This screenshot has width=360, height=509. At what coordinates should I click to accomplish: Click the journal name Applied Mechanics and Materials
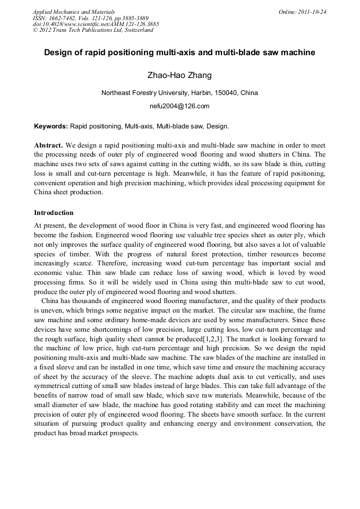pyautogui.click(x=74, y=12)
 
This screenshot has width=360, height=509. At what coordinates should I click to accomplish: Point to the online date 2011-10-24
pyautogui.click(x=312, y=12)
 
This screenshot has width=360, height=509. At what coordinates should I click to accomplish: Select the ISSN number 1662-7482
pyautogui.click(x=64, y=18)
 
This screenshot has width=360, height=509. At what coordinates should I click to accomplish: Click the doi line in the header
pyautogui.click(x=96, y=24)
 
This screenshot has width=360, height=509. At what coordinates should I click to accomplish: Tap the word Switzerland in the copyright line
pyautogui.click(x=136, y=30)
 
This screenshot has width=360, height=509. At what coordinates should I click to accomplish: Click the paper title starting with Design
pyautogui.click(x=179, y=53)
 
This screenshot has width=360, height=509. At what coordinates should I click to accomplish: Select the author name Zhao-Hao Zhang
pyautogui.click(x=179, y=75)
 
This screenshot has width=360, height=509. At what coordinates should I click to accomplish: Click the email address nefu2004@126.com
pyautogui.click(x=179, y=106)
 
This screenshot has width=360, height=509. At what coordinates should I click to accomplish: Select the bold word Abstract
pyautogui.click(x=48, y=145)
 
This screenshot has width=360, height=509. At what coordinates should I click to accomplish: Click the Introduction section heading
pyautogui.click(x=54, y=213)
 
